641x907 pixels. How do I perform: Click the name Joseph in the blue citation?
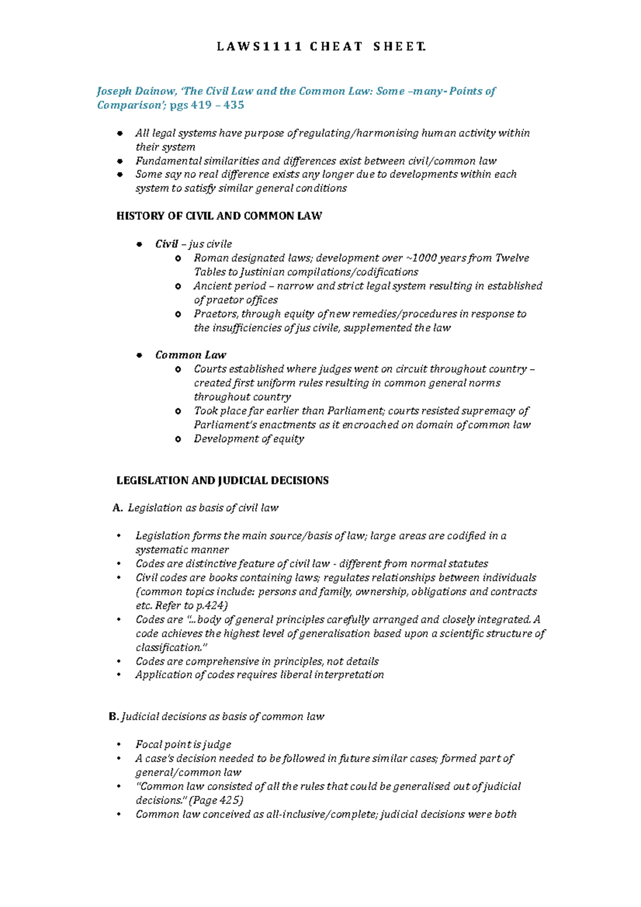114,91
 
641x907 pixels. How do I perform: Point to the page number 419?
201,105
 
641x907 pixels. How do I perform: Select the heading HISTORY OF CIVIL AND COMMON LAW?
219,216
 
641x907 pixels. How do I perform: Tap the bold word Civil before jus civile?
166,244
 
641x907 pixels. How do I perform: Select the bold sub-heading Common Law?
191,355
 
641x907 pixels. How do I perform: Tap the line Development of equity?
249,439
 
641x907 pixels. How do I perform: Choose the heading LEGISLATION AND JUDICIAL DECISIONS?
222,481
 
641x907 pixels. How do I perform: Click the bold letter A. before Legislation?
118,508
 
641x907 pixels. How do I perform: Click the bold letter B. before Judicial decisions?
113,717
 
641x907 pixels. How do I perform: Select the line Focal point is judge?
183,745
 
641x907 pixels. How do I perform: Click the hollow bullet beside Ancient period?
178,286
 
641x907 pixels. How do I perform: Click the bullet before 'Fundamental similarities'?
120,161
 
